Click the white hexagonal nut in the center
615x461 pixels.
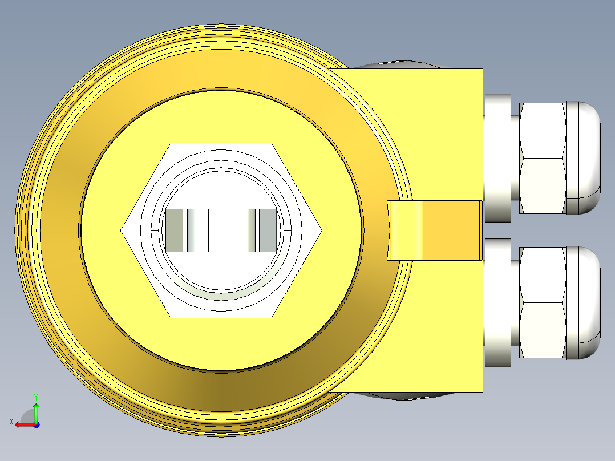point(143,230)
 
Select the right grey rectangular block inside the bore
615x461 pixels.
point(256,230)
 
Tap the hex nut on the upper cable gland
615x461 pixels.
point(542,158)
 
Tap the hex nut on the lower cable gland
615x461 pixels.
point(542,302)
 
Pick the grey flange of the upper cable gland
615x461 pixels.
point(497,158)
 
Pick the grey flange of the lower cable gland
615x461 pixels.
point(497,302)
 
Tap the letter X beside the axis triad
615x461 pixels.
point(11,422)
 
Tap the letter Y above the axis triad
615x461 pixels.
point(36,395)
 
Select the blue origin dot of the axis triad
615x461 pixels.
point(36,424)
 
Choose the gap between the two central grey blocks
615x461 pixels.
point(221,230)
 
